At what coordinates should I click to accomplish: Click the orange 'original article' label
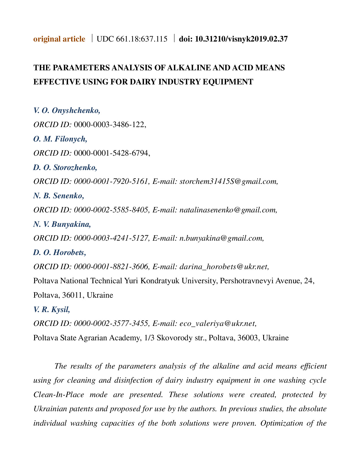click(59, 39)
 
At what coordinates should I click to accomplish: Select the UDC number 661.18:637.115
click(132, 39)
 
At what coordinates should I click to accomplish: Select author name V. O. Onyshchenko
click(67, 110)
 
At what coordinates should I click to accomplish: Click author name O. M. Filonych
click(60, 139)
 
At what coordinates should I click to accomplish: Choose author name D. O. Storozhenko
click(65, 167)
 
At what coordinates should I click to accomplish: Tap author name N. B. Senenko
click(58, 196)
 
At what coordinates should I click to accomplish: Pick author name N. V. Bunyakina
click(62, 224)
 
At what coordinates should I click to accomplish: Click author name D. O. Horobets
click(60, 252)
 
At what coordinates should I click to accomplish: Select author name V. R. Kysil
click(52, 310)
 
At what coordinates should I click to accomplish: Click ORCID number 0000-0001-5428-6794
click(111, 153)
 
